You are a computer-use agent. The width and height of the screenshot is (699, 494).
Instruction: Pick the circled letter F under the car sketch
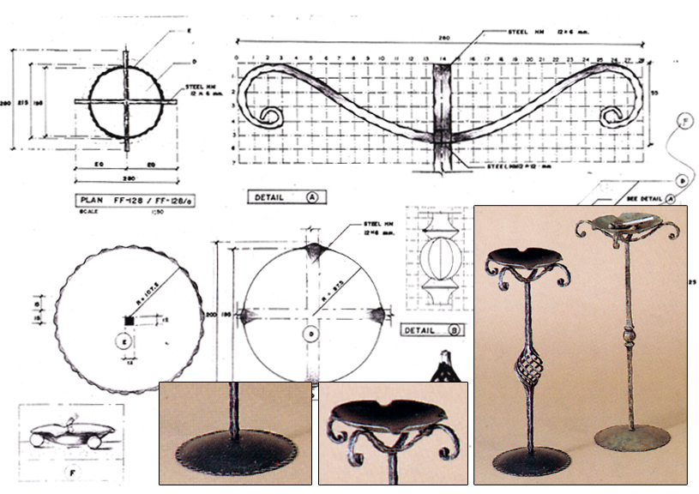[73, 471]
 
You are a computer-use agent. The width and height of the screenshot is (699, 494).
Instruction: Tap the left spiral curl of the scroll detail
[271, 117]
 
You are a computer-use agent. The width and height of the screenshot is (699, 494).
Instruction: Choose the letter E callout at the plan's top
[188, 30]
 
